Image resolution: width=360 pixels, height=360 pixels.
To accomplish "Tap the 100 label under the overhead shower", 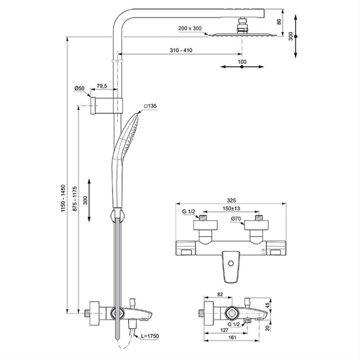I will [242, 62].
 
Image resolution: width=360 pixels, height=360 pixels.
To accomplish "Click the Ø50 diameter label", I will [79, 88].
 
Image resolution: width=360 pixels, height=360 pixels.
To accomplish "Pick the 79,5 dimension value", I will [103, 86].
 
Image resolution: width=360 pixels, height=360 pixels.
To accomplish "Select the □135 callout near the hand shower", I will [150, 106].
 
